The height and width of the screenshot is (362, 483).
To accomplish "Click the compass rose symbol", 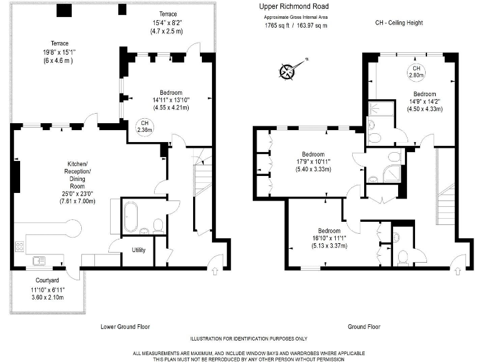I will [x=289, y=70].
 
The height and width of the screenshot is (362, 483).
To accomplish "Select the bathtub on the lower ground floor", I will [x=131, y=217].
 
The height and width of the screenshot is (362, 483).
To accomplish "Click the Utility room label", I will [x=138, y=250].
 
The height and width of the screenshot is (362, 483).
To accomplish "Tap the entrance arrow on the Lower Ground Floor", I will [x=215, y=271].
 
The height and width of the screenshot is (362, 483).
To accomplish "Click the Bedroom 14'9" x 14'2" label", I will [x=425, y=101].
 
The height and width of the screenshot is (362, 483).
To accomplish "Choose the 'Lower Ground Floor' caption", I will [x=125, y=327].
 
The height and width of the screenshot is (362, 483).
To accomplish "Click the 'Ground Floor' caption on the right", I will [x=364, y=327].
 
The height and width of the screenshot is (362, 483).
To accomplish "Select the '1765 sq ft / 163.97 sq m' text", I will [x=296, y=26].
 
